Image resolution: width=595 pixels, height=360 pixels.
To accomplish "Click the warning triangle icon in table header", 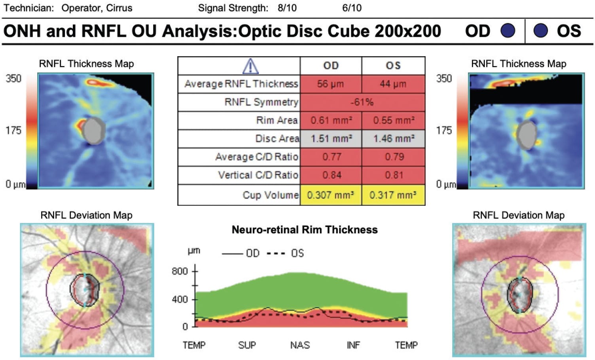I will tap(250, 66).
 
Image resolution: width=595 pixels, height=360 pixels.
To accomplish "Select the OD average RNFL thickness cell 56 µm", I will tap(331, 84).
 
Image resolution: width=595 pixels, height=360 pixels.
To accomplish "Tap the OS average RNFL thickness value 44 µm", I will tap(393, 84).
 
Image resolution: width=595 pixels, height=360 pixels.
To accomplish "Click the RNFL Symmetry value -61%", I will tap(362, 102).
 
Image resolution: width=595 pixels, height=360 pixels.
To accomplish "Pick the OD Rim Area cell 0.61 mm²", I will tap(331, 120).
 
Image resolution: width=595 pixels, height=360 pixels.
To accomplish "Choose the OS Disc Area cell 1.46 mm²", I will tap(394, 138).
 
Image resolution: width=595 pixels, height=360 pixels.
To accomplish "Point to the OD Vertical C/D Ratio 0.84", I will tap(332, 175).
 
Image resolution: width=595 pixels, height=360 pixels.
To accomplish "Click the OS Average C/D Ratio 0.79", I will tap(394, 157).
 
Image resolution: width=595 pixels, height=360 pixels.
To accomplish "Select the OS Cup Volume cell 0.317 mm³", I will tap(393, 195).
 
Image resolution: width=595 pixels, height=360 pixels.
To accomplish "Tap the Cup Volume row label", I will tap(271, 195).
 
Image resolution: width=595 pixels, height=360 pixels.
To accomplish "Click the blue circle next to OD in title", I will tap(508, 31).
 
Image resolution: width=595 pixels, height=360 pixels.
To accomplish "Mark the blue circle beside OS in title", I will tap(540, 31).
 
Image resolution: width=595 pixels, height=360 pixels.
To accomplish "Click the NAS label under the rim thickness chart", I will tap(300, 345).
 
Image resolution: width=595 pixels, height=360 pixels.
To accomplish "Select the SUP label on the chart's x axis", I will tap(247, 345).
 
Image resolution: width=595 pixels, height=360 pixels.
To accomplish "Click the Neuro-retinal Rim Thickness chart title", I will tap(305, 230).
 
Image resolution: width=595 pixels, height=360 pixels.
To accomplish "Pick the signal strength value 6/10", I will tap(352, 8).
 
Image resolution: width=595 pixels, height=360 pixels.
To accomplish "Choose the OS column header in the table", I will tap(393, 66).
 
